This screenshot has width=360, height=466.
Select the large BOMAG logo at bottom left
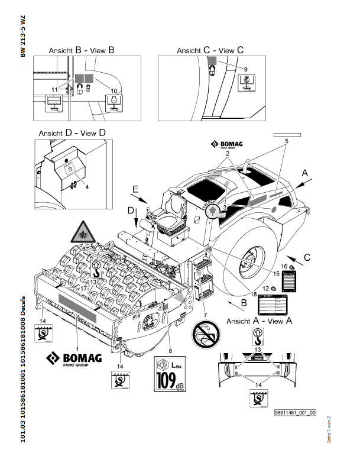coord(75,358)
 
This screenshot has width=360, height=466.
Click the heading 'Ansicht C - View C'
coord(210,51)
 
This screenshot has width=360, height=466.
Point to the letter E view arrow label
coord(135,190)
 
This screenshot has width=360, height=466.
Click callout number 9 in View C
coord(246,69)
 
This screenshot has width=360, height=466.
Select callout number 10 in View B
coord(115,90)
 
